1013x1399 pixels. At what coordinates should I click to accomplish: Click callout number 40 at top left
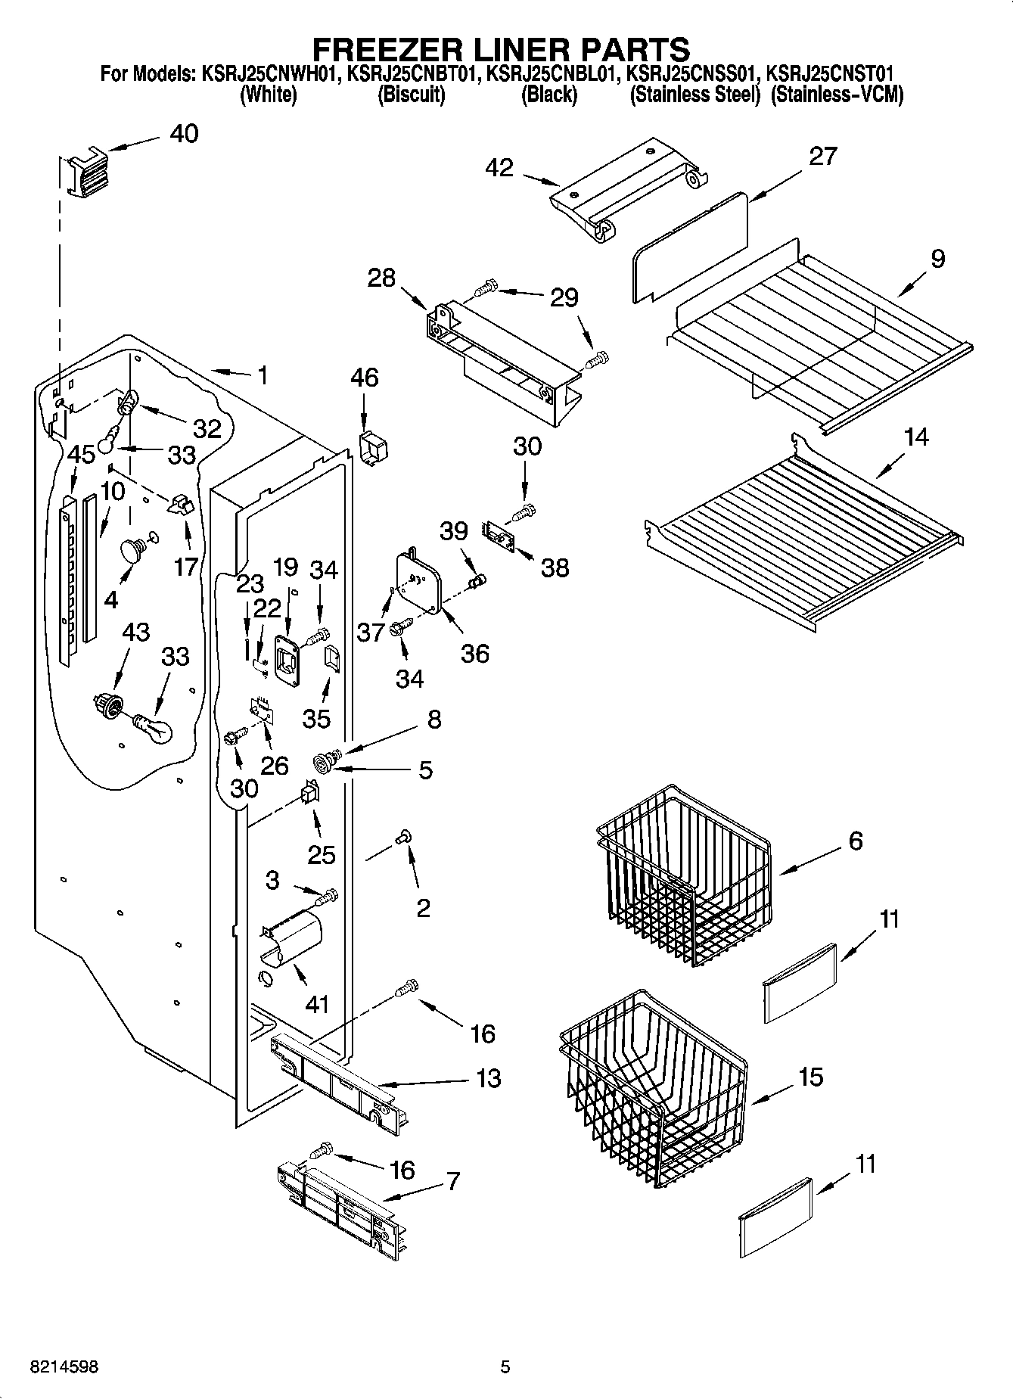(184, 134)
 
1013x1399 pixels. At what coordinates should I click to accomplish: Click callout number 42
(500, 168)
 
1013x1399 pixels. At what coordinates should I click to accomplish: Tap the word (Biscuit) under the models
(411, 95)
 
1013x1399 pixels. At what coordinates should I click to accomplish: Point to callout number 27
(823, 157)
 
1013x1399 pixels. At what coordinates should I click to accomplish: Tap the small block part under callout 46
(372, 448)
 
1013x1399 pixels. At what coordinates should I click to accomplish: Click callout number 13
(489, 1078)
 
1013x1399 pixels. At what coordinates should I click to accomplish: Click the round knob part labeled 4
(132, 550)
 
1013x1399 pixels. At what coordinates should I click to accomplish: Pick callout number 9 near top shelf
(937, 260)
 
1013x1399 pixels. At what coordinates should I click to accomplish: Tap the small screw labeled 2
(403, 835)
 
